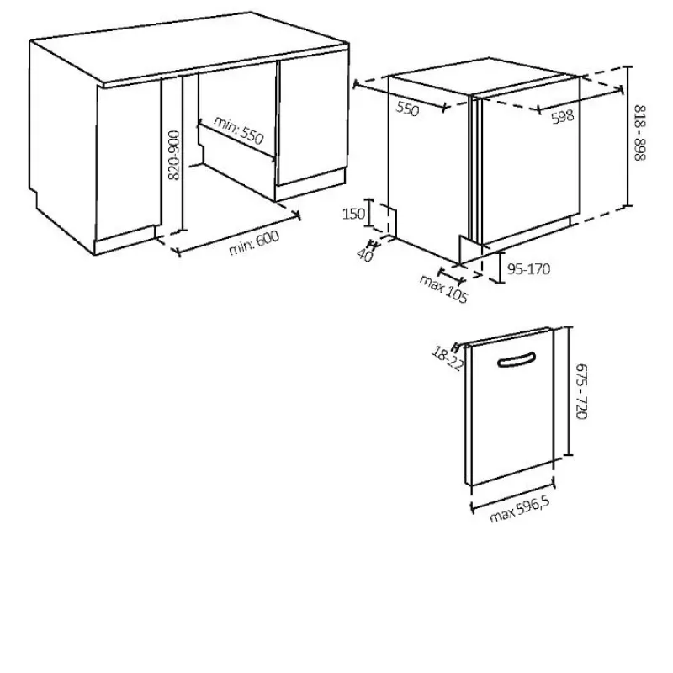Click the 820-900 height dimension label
174,156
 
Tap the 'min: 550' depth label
238,130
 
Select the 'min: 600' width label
254,242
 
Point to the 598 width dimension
562,116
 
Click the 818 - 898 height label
639,133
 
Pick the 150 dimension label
353,214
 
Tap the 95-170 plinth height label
528,269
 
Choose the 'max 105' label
443,289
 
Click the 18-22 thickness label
448,359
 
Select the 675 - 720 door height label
580,391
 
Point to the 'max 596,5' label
519,510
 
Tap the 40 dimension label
365,255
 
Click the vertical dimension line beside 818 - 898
628,136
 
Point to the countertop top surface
188,47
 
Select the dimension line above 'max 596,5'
513,497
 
